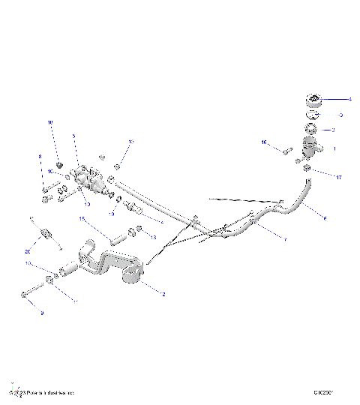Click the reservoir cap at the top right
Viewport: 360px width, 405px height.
[313, 99]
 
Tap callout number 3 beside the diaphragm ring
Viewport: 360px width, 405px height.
[340, 115]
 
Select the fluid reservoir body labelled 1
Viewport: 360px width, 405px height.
[310, 146]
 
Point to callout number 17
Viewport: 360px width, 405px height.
[338, 178]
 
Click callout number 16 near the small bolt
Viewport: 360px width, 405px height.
[264, 142]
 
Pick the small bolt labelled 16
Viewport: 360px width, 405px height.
[286, 151]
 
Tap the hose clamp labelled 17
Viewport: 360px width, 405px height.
[307, 171]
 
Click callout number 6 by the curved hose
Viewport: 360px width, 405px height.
[325, 218]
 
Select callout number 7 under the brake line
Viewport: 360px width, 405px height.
[284, 239]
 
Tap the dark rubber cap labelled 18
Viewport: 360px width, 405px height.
[59, 163]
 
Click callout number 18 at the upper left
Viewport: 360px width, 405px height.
[51, 123]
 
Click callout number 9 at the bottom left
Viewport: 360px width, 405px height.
[42, 313]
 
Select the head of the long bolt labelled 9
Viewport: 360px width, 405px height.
[25, 295]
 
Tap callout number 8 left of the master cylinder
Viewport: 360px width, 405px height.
[40, 157]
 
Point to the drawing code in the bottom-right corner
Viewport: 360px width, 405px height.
[324, 392]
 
